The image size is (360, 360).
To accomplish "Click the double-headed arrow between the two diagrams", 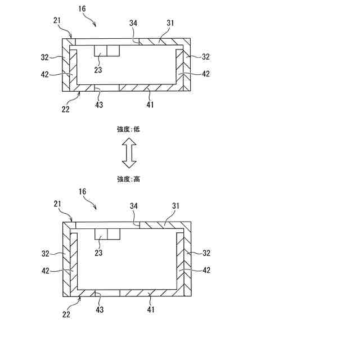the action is coord(129,154).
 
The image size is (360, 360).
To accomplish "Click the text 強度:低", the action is coord(128,129).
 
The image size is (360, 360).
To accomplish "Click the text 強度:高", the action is coord(128,179).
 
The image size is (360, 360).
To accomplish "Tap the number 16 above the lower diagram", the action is coord(82,192).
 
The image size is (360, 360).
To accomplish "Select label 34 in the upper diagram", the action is coord(133,22).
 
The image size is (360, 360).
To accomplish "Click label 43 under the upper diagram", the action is coord(98,104).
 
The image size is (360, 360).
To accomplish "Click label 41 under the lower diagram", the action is coord(150,310).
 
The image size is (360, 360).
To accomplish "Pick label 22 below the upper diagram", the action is coord(66,110).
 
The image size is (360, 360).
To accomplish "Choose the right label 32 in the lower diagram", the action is coord(206,253).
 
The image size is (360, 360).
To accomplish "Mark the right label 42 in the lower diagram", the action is coord(206,270).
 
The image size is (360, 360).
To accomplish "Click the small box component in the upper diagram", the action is coord(107,51).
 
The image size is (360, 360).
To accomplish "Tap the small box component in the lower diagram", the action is coord(107,234).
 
